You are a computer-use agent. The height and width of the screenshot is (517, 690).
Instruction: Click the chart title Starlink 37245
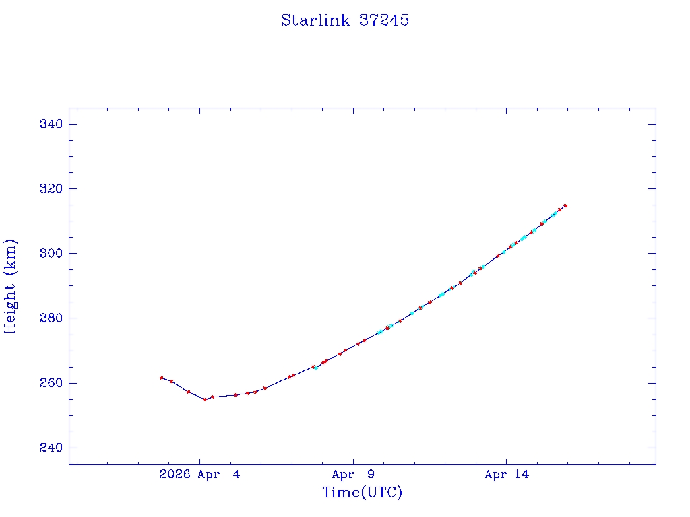tap(345, 20)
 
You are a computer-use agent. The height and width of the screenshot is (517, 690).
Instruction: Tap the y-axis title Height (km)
tap(10, 286)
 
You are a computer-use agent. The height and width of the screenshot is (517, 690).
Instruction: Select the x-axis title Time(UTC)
tap(363, 493)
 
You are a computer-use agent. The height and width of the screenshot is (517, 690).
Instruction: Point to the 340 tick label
tap(51, 125)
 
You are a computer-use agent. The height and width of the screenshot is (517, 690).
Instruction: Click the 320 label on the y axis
tap(51, 189)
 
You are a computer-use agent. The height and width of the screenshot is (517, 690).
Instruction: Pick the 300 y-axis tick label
tap(51, 254)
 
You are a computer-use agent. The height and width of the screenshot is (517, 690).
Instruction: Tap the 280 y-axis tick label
tap(51, 318)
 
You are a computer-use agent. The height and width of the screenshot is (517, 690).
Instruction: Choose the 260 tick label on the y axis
tap(51, 383)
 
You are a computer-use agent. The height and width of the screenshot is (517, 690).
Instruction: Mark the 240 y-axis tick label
tap(51, 448)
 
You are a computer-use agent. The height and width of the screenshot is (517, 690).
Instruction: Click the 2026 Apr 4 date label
tap(199, 475)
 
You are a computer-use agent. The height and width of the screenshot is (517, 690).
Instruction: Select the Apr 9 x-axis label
tap(353, 475)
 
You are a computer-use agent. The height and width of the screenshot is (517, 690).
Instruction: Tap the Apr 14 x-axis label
tap(507, 475)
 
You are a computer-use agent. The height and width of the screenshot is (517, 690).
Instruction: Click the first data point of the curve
tap(162, 378)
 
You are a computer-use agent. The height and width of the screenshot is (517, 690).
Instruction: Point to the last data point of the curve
tap(565, 205)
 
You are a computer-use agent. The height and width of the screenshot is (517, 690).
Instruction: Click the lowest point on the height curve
tap(205, 399)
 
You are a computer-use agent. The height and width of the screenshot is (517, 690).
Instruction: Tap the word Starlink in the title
tap(315, 20)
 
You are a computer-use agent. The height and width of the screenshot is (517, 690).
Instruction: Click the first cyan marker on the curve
tap(316, 367)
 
